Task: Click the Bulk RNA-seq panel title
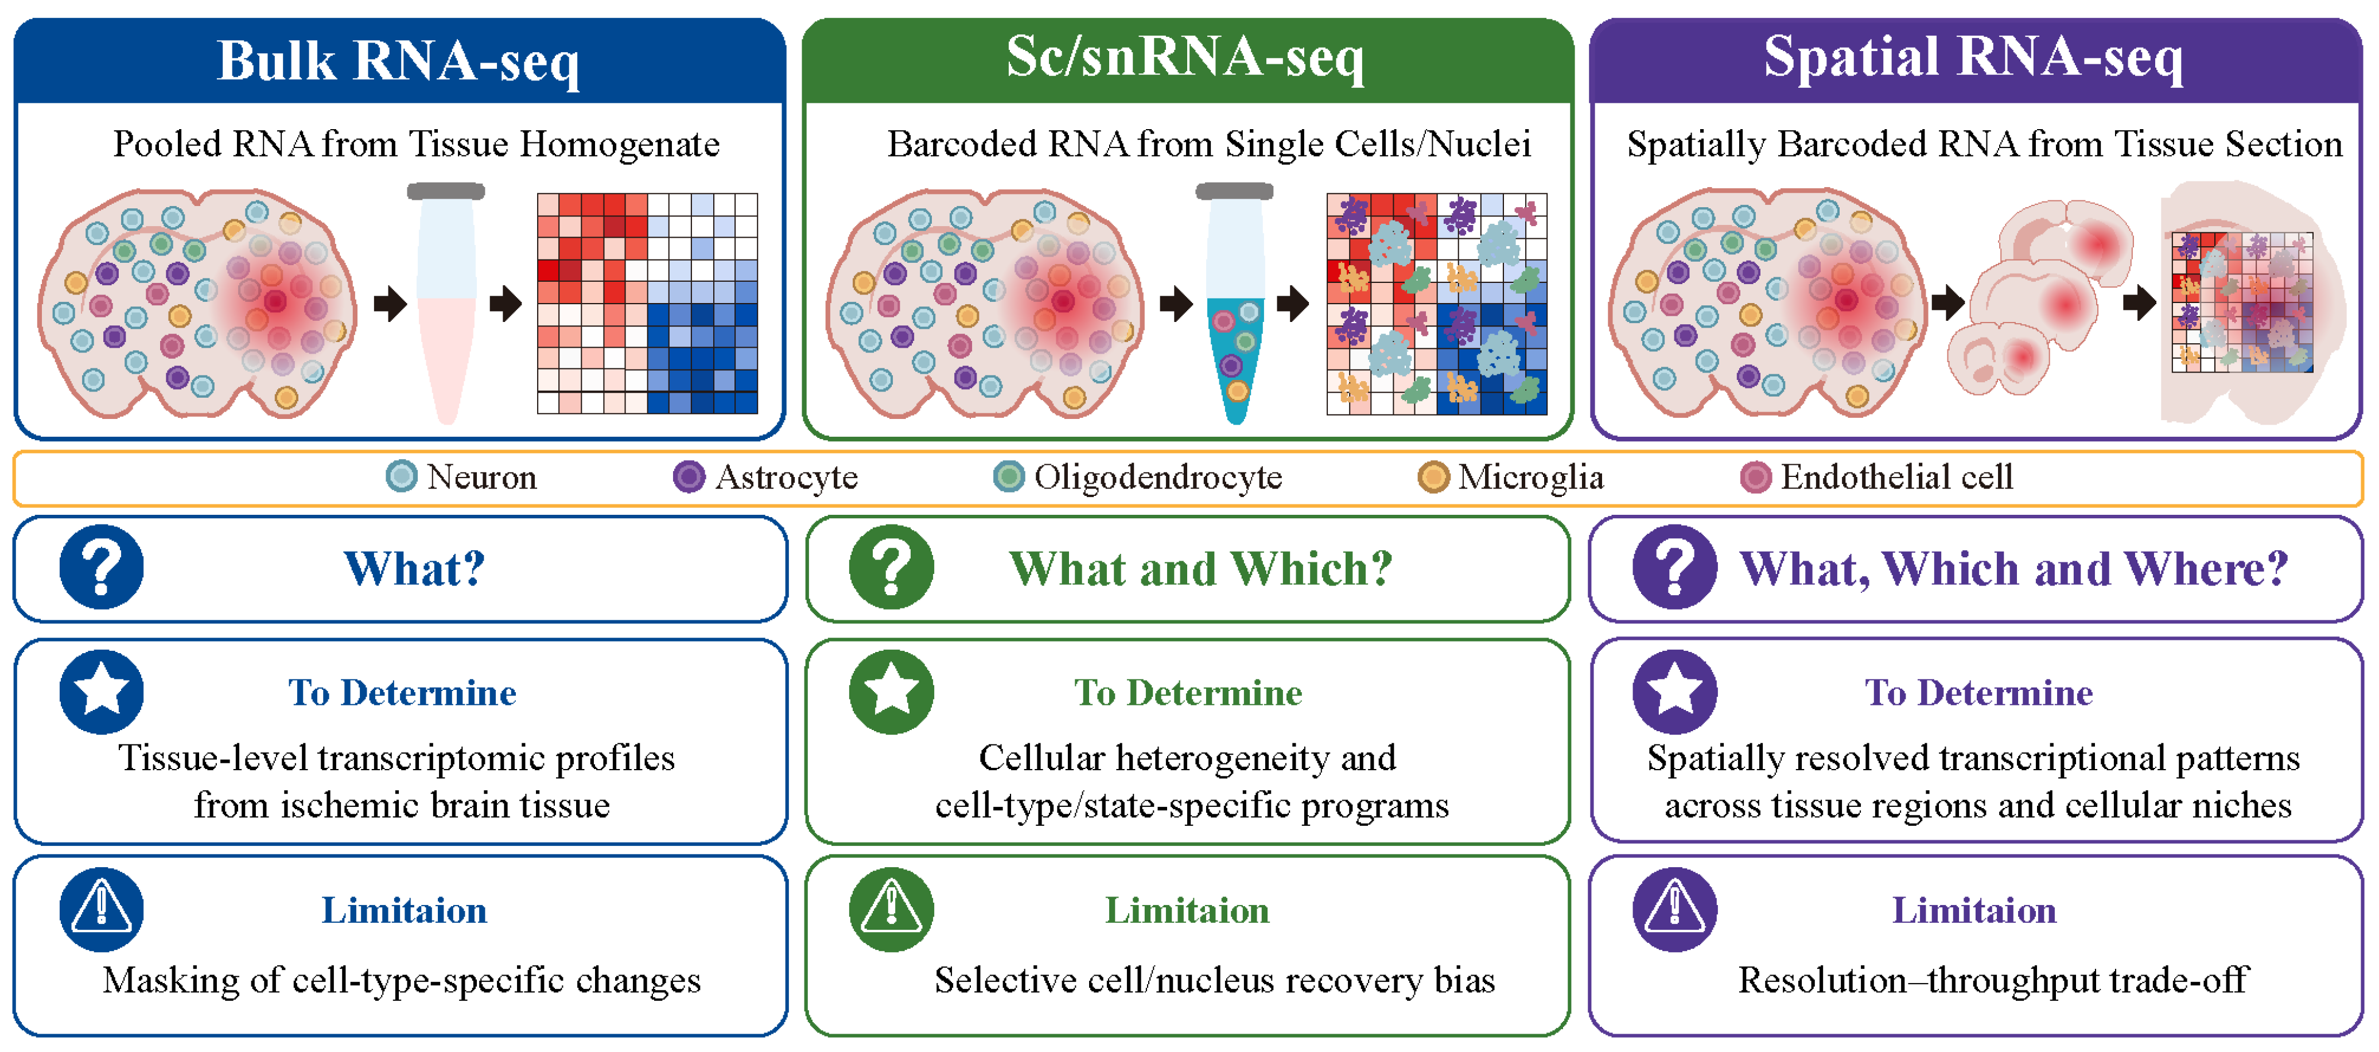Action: (x=398, y=61)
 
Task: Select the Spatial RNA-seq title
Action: (x=1973, y=57)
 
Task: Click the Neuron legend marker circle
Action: (x=401, y=476)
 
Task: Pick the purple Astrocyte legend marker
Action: (x=689, y=476)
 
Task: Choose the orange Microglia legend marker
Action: (x=1433, y=476)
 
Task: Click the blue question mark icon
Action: (x=102, y=567)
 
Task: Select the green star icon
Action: (x=891, y=692)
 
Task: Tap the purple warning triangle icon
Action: (x=1674, y=910)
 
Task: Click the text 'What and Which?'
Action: (x=1200, y=569)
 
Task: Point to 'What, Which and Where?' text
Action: (x=2014, y=569)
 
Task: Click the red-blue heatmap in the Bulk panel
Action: (x=647, y=303)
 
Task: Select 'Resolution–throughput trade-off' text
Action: (x=1993, y=980)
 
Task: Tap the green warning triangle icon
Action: (x=891, y=910)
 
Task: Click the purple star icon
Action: (x=1674, y=692)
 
